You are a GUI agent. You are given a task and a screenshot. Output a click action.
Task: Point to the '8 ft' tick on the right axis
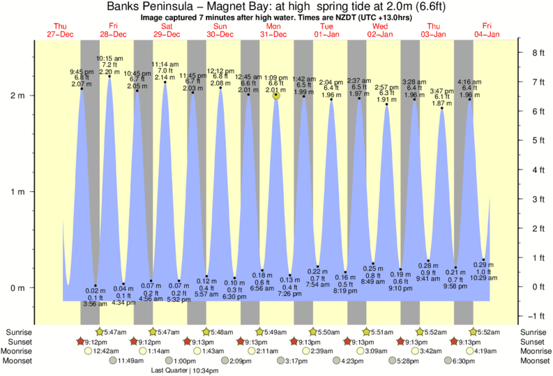(538, 52)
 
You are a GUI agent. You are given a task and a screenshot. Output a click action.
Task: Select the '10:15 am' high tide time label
(109, 59)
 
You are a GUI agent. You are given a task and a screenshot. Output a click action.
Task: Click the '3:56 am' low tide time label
(96, 303)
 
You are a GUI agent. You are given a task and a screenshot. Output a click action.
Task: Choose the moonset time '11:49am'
(130, 361)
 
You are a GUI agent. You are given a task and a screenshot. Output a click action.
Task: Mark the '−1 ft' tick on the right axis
(537, 316)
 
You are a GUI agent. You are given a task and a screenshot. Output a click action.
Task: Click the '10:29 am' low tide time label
(483, 278)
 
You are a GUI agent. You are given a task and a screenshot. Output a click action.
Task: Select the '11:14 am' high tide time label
(165, 63)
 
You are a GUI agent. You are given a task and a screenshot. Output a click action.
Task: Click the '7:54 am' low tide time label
(317, 284)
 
